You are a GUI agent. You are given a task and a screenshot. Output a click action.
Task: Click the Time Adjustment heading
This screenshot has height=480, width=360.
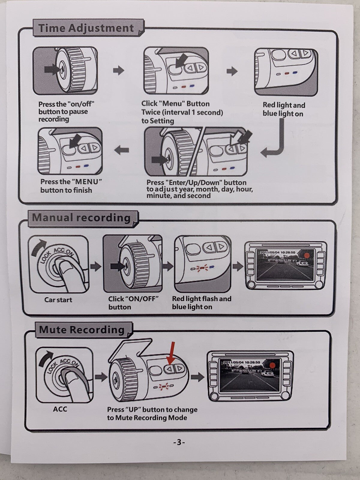pyautogui.click(x=86, y=28)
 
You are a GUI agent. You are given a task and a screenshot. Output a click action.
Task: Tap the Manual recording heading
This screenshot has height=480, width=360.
pyautogui.click(x=81, y=217)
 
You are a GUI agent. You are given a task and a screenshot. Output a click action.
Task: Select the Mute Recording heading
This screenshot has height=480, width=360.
pyautogui.click(x=82, y=330)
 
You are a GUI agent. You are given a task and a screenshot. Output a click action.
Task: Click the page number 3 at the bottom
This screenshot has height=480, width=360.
pyautogui.click(x=179, y=442)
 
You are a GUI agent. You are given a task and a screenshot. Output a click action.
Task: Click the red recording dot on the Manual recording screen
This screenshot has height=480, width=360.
pyautogui.click(x=306, y=256)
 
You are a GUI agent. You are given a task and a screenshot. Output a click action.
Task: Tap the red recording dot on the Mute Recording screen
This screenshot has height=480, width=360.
pyautogui.click(x=272, y=365)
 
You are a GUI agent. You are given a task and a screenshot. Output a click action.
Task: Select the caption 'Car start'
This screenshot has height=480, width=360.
pyautogui.click(x=58, y=300)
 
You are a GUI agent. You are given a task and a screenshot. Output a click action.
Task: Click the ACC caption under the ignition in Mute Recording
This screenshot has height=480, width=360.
pyautogui.click(x=60, y=409)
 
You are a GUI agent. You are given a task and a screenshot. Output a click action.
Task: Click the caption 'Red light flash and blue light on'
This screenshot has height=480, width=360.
pyautogui.click(x=202, y=303)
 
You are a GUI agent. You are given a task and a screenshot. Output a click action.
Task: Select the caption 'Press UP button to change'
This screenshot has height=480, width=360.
pyautogui.click(x=152, y=410)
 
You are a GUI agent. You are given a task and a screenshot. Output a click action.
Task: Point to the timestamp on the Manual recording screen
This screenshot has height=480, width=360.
pyautogui.click(x=277, y=253)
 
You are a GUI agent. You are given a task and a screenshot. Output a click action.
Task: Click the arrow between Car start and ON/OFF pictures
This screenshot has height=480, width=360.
pyautogui.click(x=96, y=266)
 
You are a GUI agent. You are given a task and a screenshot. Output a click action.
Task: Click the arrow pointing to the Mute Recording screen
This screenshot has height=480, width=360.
pyautogui.click(x=197, y=377)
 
